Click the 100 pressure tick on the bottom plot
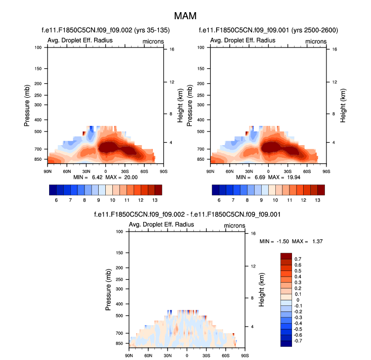[x=120, y=232]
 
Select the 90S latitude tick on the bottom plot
[x=245, y=356]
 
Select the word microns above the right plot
[x=316, y=41]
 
